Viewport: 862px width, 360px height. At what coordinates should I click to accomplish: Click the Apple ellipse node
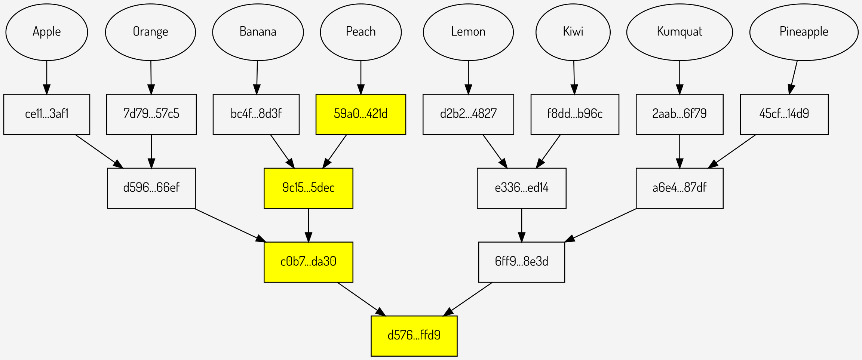point(47,32)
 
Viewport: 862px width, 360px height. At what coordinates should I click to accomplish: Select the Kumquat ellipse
point(680,32)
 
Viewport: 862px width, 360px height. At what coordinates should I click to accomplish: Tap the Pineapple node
point(804,32)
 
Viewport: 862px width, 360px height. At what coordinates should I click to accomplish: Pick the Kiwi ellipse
point(573,32)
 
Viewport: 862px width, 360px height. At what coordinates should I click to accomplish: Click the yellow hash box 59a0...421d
point(361,114)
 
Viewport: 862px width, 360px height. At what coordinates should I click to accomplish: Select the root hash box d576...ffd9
point(414,336)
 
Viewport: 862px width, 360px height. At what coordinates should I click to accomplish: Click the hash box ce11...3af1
point(47,114)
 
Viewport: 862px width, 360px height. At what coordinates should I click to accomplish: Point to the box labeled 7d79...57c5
point(151,114)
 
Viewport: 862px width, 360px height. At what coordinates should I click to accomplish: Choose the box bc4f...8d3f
point(256,114)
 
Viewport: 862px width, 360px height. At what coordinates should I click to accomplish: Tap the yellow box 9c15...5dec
point(308,188)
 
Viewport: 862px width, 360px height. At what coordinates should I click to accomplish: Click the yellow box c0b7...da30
point(308,262)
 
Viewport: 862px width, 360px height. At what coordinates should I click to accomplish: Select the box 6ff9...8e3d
point(521,262)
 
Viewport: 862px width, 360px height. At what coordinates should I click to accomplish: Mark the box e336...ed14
point(521,188)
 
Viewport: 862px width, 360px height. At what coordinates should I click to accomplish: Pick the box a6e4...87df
point(680,188)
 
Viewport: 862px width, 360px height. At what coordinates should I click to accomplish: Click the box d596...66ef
point(151,188)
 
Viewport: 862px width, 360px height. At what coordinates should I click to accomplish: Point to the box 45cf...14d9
point(784,114)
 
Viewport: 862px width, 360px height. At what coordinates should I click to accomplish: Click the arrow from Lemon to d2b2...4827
point(468,77)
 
